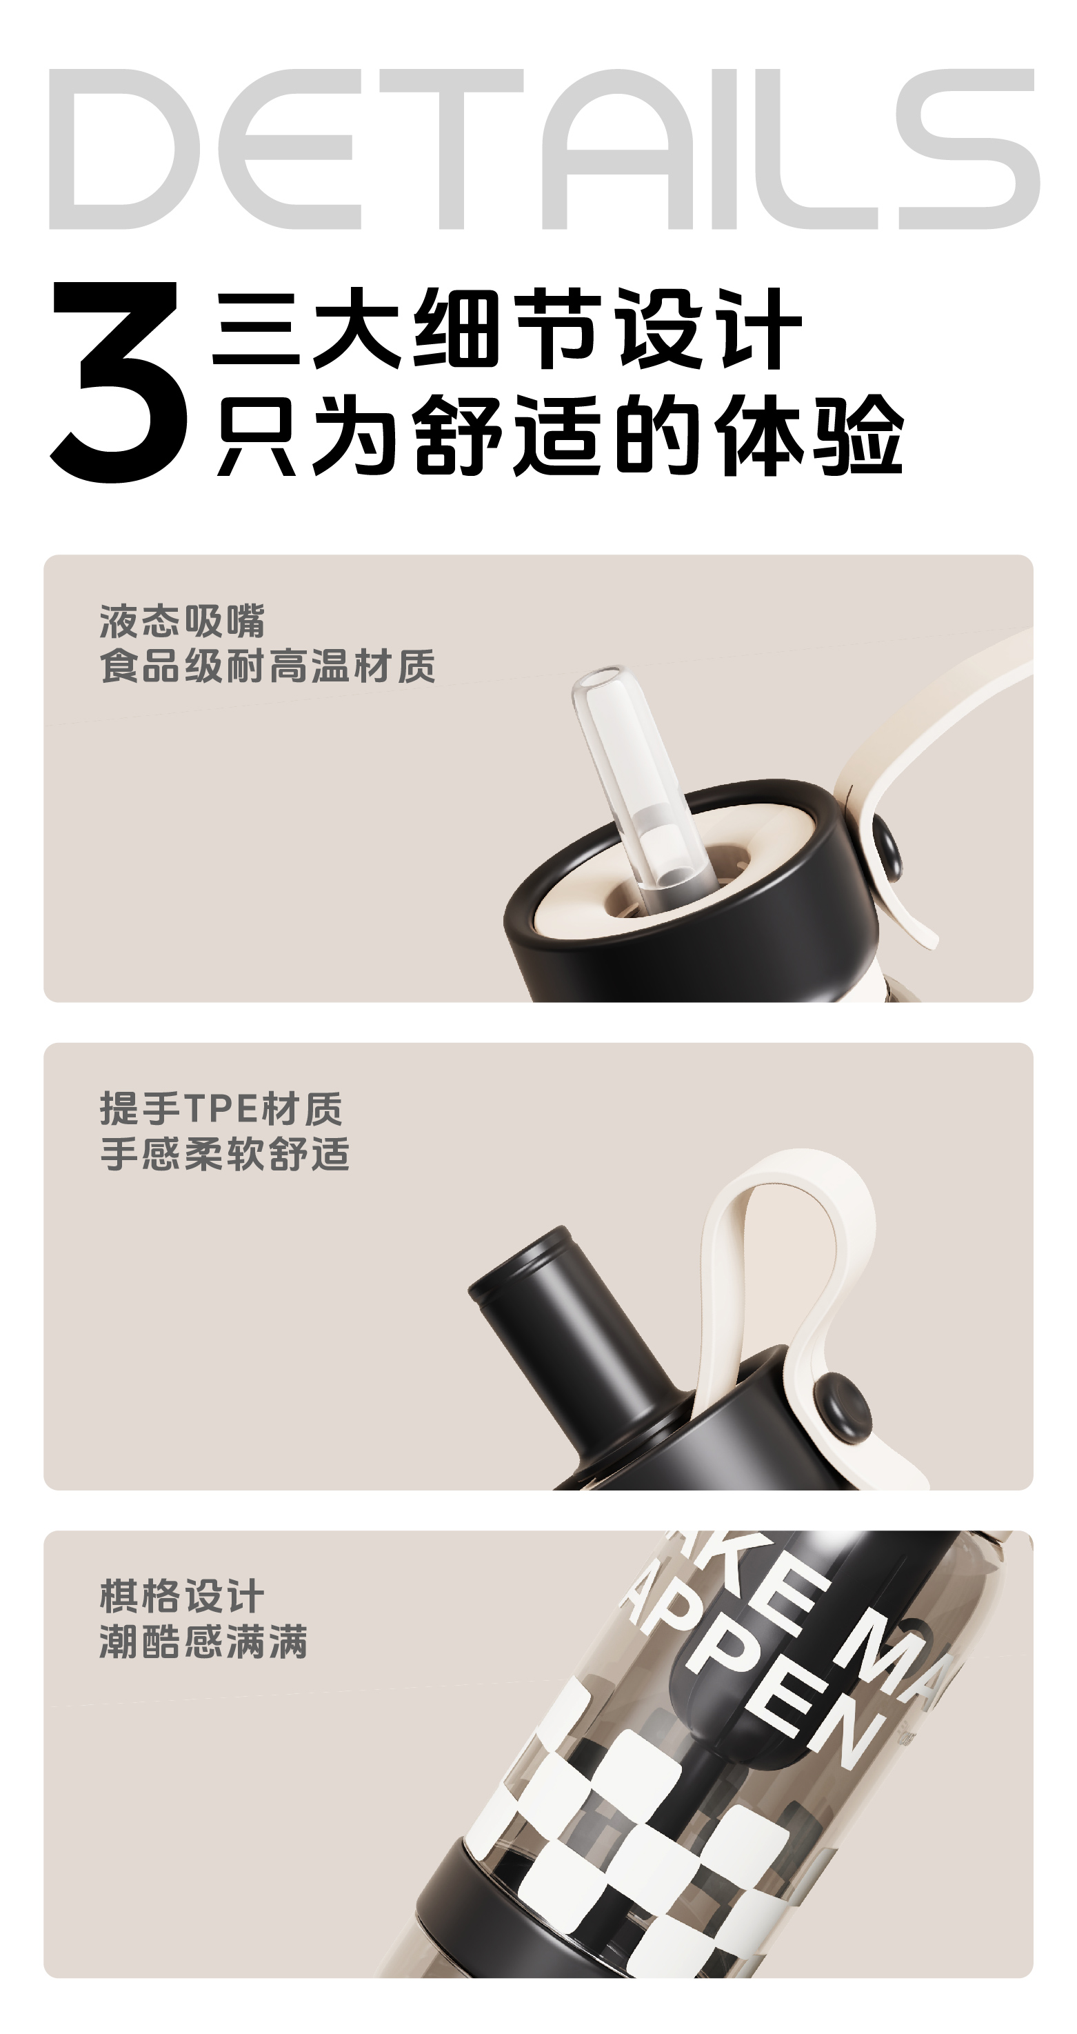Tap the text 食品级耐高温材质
[267, 666]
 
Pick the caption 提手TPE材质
[221, 1108]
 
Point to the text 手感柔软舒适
[225, 1154]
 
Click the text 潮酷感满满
[203, 1642]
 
